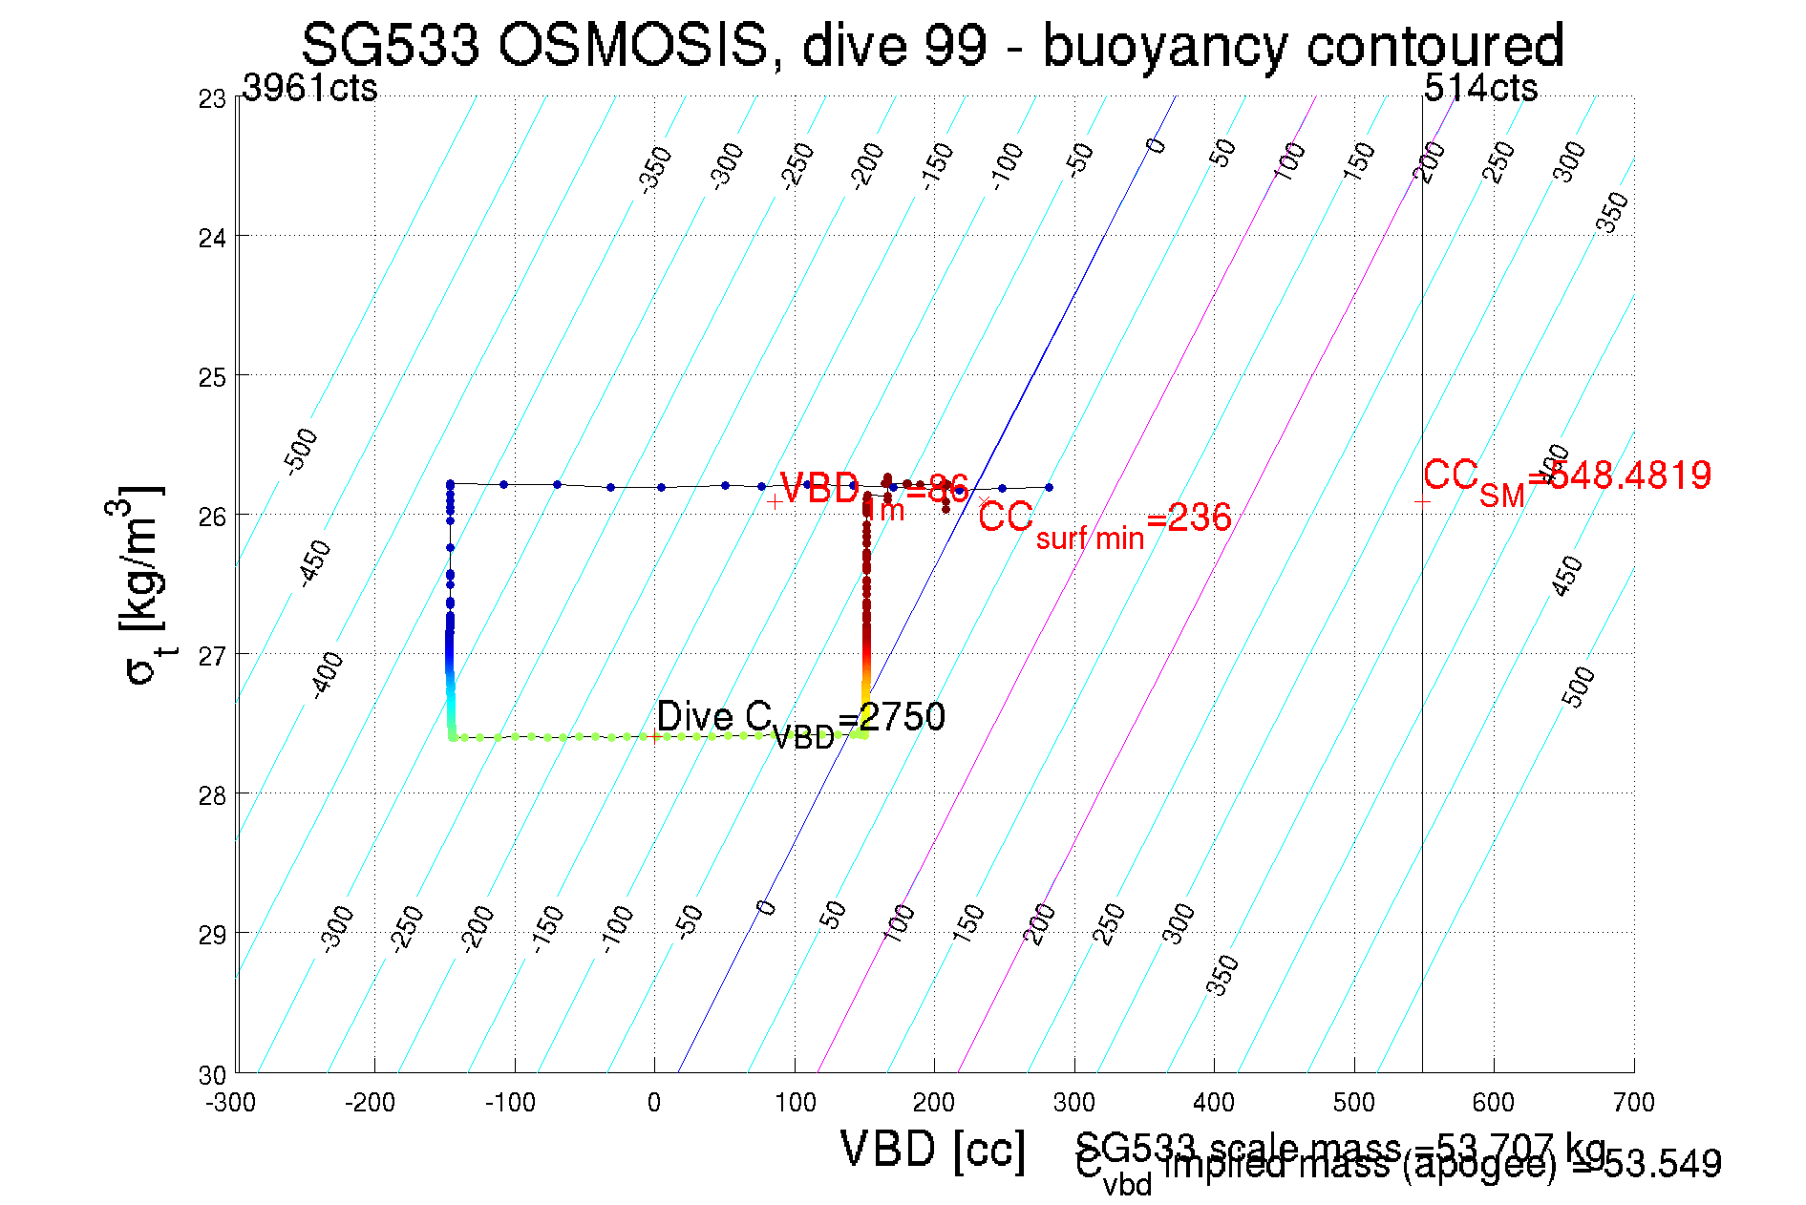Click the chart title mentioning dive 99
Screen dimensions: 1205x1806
(x=932, y=45)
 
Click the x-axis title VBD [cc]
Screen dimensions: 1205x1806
(x=933, y=1149)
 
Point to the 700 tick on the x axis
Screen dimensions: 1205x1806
(x=1633, y=1103)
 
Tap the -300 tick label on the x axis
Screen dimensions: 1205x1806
(x=231, y=1103)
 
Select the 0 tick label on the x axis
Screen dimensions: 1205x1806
(x=654, y=1103)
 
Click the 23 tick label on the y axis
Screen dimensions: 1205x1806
(x=212, y=99)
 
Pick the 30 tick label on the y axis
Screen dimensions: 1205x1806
(x=212, y=1075)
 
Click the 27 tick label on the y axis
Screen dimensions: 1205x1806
(x=212, y=657)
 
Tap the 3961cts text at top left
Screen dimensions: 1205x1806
(x=309, y=89)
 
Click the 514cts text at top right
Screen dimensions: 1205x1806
(x=1480, y=89)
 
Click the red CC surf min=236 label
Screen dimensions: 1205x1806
(x=1104, y=521)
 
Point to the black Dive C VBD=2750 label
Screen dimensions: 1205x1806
(x=800, y=720)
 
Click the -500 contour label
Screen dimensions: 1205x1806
(x=301, y=452)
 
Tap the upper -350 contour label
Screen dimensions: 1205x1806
(x=656, y=170)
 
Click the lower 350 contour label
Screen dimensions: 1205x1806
(x=1222, y=975)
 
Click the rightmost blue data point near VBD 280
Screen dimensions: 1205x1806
(x=1049, y=487)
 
